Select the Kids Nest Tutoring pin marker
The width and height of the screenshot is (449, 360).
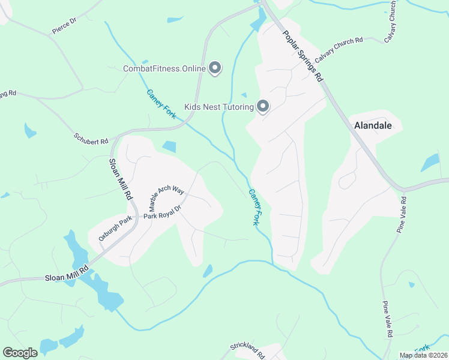pyautogui.click(x=263, y=106)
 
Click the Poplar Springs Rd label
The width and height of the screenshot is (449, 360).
pyautogui.click(x=303, y=56)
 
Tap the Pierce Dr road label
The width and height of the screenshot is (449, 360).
pyautogui.click(x=64, y=26)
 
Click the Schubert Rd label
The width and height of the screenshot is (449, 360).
pyautogui.click(x=91, y=138)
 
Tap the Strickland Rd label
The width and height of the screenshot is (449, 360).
pyautogui.click(x=248, y=351)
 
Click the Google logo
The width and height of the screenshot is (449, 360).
pyautogui.click(x=20, y=352)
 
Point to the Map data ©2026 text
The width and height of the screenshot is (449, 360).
pyautogui.click(x=424, y=355)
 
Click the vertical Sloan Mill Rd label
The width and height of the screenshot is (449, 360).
pyautogui.click(x=119, y=179)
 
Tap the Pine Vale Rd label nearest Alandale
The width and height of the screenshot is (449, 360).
pyautogui.click(x=402, y=215)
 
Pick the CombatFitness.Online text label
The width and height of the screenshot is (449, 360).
pyautogui.click(x=164, y=68)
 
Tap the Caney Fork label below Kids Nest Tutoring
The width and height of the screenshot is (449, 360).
pyautogui.click(x=255, y=208)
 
